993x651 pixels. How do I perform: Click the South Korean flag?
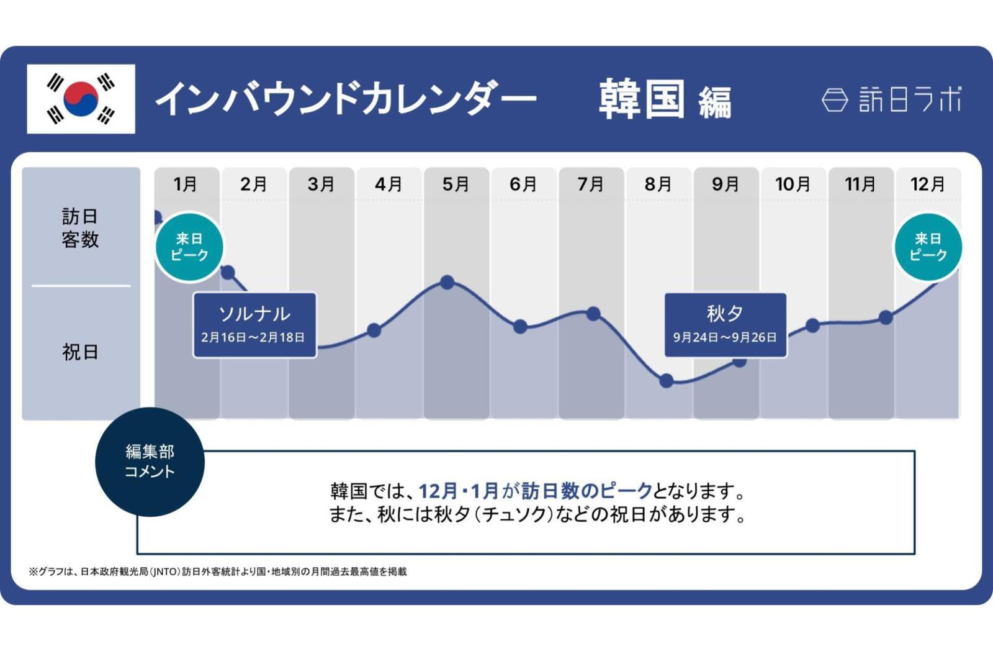[x=81, y=99]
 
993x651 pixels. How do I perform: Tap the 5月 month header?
[x=456, y=184]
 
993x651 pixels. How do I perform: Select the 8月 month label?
[x=658, y=184]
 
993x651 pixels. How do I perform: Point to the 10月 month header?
[x=793, y=184]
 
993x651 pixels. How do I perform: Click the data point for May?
[x=447, y=283]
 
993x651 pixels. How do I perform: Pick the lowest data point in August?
[x=666, y=381]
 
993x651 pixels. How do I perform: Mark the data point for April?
[x=374, y=330]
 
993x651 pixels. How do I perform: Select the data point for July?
[x=593, y=313]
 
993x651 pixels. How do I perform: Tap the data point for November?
[x=886, y=317]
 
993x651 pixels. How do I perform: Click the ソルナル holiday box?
[x=254, y=325]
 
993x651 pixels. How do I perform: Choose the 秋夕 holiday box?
[x=725, y=325]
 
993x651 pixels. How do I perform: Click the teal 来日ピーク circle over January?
[x=189, y=247]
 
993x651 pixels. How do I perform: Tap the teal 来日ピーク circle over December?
[x=927, y=247]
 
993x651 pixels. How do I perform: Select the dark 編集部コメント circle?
[x=150, y=462]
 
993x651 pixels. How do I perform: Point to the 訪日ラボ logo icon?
[x=835, y=99]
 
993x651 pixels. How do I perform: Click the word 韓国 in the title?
[x=642, y=99]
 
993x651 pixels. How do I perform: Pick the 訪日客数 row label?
[x=80, y=228]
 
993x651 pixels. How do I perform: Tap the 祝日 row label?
[x=80, y=352]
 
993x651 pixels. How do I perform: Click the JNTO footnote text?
[x=218, y=571]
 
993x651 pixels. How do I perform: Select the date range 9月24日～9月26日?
[x=725, y=337]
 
